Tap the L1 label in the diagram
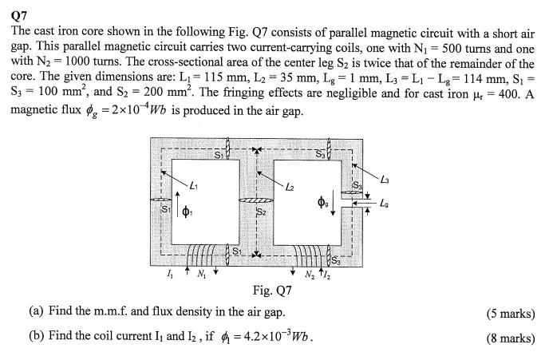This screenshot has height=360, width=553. tap(194, 185)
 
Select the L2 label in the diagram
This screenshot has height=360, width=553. tap(291, 186)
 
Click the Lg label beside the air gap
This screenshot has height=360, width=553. tap(387, 205)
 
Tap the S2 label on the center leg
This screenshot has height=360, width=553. tap(260, 212)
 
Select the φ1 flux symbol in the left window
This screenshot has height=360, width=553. tap(186, 212)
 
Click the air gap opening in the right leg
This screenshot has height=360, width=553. tap(344, 206)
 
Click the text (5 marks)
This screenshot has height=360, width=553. tap(510, 313)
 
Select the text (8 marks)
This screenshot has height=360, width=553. tap(510, 338)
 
